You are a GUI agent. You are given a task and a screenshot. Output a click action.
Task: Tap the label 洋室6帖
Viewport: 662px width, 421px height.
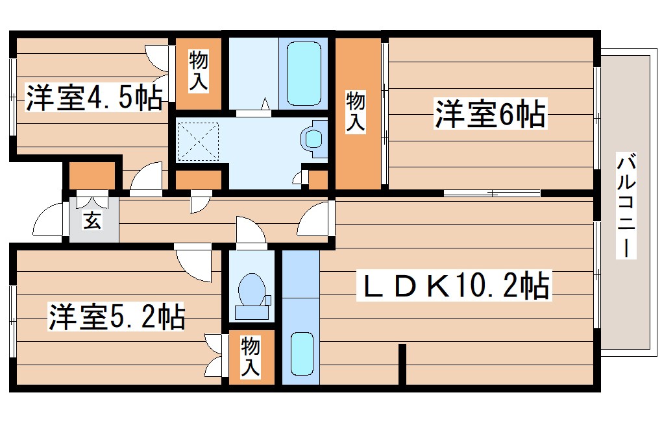[x=489, y=114]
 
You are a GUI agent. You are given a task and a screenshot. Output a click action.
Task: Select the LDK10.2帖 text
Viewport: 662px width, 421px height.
[x=454, y=286]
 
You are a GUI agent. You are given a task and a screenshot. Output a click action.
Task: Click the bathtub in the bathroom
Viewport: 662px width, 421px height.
[x=304, y=71]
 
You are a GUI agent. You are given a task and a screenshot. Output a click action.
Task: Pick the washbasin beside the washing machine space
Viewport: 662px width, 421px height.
[x=314, y=138]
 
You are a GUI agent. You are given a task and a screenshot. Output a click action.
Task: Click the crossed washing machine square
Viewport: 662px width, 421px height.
[x=198, y=141]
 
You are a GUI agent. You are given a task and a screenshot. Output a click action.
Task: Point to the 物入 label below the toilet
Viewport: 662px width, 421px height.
[x=251, y=357]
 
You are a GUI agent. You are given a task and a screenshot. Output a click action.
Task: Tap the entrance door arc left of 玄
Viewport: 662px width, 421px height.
[x=49, y=221]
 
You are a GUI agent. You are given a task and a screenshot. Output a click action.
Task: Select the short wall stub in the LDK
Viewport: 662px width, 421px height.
[x=402, y=363]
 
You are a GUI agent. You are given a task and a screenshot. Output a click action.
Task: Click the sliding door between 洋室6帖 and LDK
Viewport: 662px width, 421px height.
[x=492, y=193]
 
